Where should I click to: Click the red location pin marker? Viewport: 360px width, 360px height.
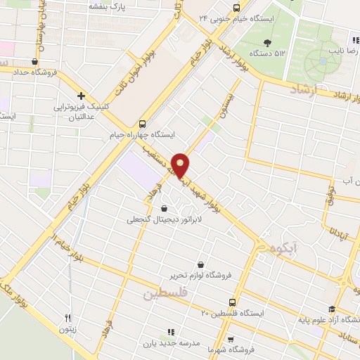click(181, 165)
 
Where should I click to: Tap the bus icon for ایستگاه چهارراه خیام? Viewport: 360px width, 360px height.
click(143, 121)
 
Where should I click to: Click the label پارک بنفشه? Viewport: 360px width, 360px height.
click(107, 6)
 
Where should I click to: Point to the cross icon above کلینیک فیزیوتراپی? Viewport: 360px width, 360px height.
click(82, 96)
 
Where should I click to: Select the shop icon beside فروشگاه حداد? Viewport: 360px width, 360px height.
click(34, 61)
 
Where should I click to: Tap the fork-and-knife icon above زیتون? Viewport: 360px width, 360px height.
click(67, 317)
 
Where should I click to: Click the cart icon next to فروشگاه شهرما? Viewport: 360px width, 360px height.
click(231, 337)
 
